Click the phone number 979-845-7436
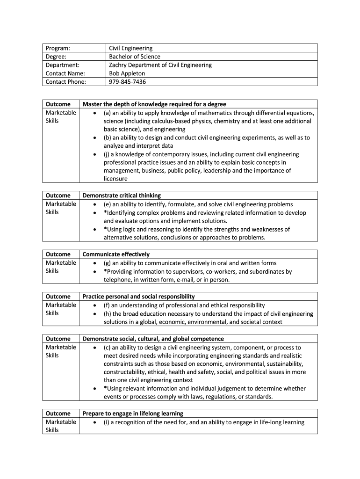click(127, 82)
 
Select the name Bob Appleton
click(127, 73)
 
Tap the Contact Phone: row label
click(66, 82)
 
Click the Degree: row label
click(56, 57)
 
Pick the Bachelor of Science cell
click(135, 57)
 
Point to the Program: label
click(58, 48)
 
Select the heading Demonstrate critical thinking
click(122, 196)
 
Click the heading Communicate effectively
click(116, 254)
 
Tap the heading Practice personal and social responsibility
click(138, 297)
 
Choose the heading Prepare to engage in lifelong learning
click(133, 414)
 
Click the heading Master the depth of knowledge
click(154, 104)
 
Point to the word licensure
click(115, 179)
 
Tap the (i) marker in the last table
click(106, 422)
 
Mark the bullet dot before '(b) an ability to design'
click(95, 138)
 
